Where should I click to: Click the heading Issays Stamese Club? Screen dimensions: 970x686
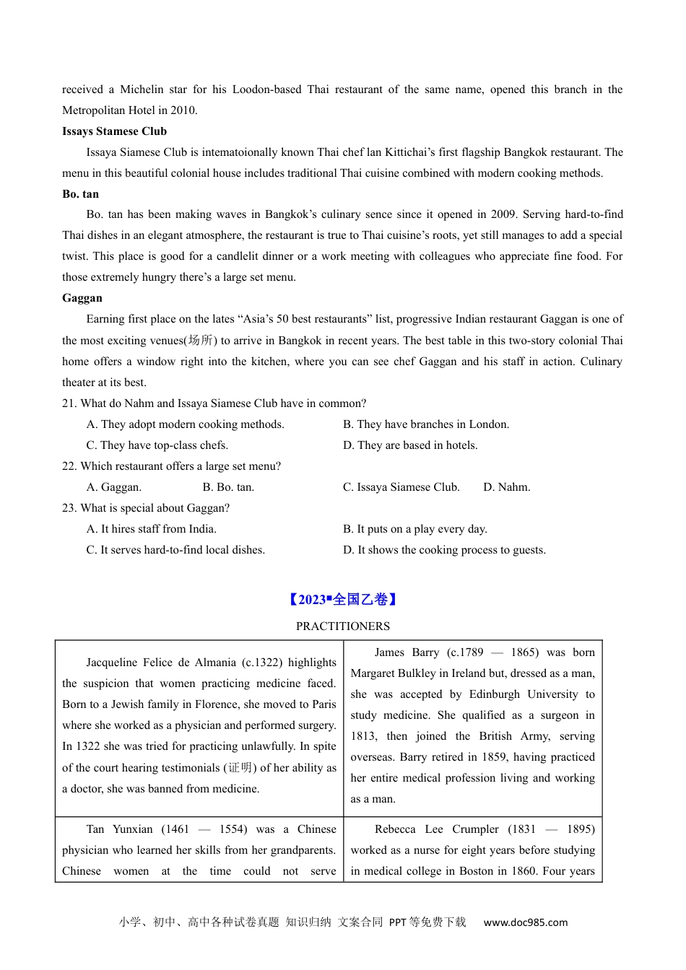pos(114,131)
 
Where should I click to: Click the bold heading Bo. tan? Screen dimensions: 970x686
pos(80,194)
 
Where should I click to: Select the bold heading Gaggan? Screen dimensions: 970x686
pos(82,298)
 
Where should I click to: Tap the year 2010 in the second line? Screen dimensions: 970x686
pos(183,110)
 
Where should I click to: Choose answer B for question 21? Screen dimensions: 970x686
pos(425,424)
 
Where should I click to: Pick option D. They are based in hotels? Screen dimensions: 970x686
pos(409,445)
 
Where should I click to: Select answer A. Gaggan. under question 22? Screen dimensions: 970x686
pos(113,487)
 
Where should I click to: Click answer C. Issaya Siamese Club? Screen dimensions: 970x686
pos(401,487)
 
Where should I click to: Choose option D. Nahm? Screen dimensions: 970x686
pos(506,487)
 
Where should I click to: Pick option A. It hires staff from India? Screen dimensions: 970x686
pos(151,529)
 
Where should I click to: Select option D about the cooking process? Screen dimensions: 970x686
pos(444,550)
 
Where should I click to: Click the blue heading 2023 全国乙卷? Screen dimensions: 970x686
pos(342,600)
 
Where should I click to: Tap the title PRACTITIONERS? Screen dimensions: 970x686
pos(342,626)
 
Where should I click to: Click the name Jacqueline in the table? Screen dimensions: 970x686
pos(113,663)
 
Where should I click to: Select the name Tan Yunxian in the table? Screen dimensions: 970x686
pos(119,829)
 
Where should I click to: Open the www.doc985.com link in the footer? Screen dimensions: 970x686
pos(525,922)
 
